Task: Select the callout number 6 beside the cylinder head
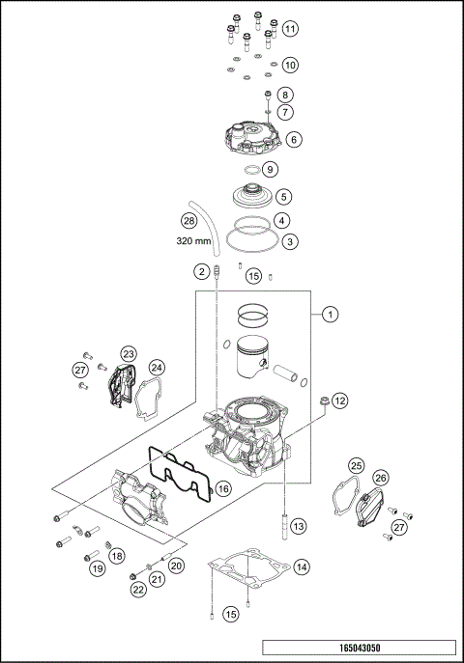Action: click(294, 139)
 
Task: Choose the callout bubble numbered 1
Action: click(330, 314)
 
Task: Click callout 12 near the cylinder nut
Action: click(339, 399)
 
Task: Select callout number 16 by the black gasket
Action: click(222, 489)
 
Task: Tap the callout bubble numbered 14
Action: click(303, 566)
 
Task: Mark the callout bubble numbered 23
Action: click(128, 354)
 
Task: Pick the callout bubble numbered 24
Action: click(157, 367)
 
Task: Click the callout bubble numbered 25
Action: click(356, 467)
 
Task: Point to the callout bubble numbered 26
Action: click(381, 477)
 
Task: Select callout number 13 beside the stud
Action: click(298, 526)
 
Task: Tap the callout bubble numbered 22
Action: click(138, 590)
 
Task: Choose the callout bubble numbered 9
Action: click(271, 169)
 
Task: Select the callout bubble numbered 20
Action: click(176, 566)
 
